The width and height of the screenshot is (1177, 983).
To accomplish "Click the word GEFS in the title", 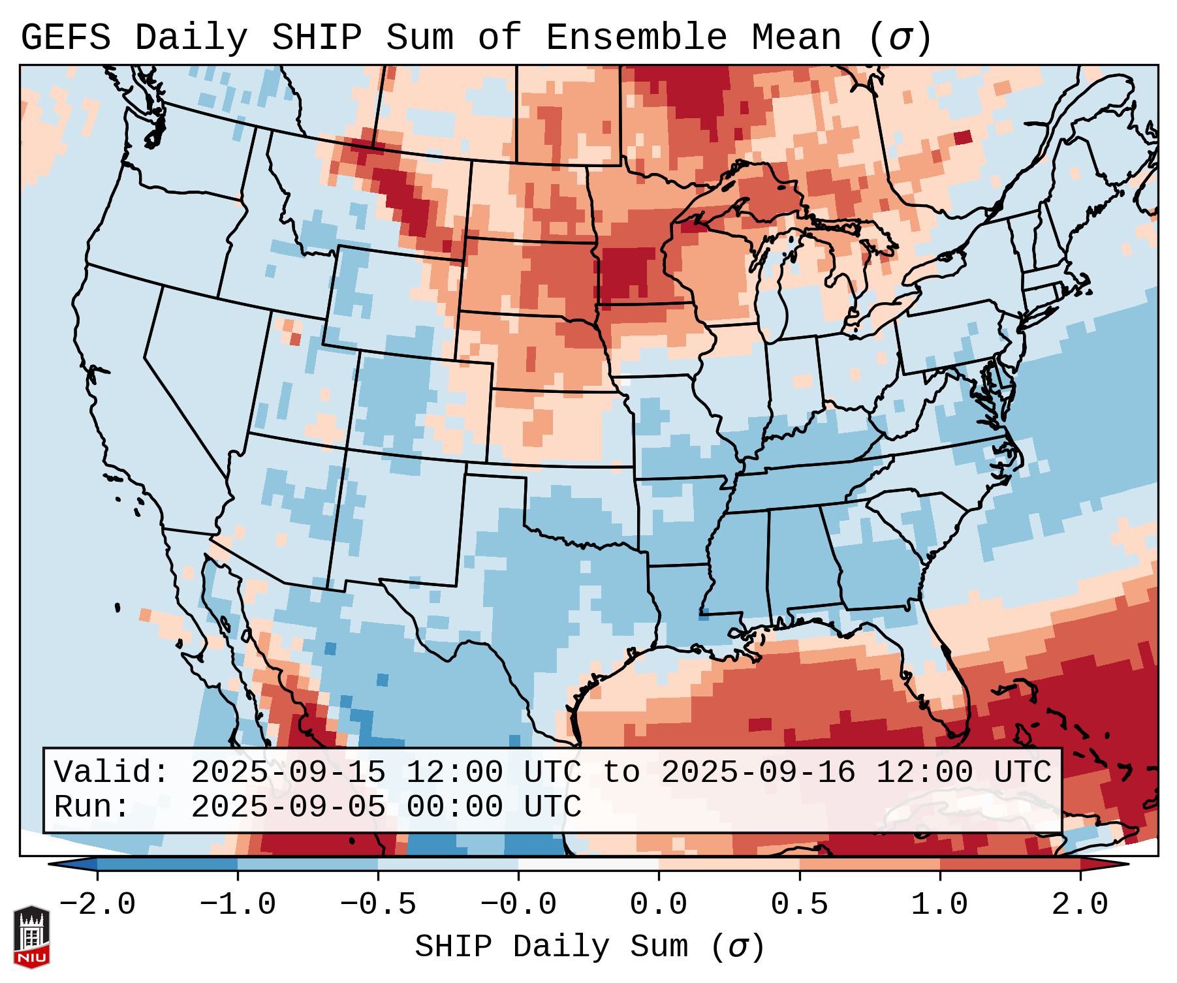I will (66, 38).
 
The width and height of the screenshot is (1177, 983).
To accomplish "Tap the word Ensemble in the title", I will (636, 38).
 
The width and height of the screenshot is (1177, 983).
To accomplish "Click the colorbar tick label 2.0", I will (1080, 905).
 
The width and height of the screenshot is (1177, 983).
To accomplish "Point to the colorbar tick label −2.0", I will (97, 905).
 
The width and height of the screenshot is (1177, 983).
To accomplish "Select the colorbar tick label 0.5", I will (800, 905).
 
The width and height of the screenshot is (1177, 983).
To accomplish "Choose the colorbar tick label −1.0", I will (238, 905).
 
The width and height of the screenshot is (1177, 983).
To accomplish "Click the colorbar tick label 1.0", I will (940, 905).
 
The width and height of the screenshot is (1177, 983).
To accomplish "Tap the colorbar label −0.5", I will (378, 905).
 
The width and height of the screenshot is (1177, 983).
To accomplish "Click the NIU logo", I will (31, 937).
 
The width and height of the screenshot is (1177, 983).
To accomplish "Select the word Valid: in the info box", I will (112, 772).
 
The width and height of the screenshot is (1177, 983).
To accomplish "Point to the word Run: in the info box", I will (92, 807).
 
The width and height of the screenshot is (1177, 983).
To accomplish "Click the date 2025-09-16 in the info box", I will (758, 772).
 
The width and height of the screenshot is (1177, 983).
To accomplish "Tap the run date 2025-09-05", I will (288, 807).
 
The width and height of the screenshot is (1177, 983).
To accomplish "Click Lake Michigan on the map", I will (777, 294).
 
